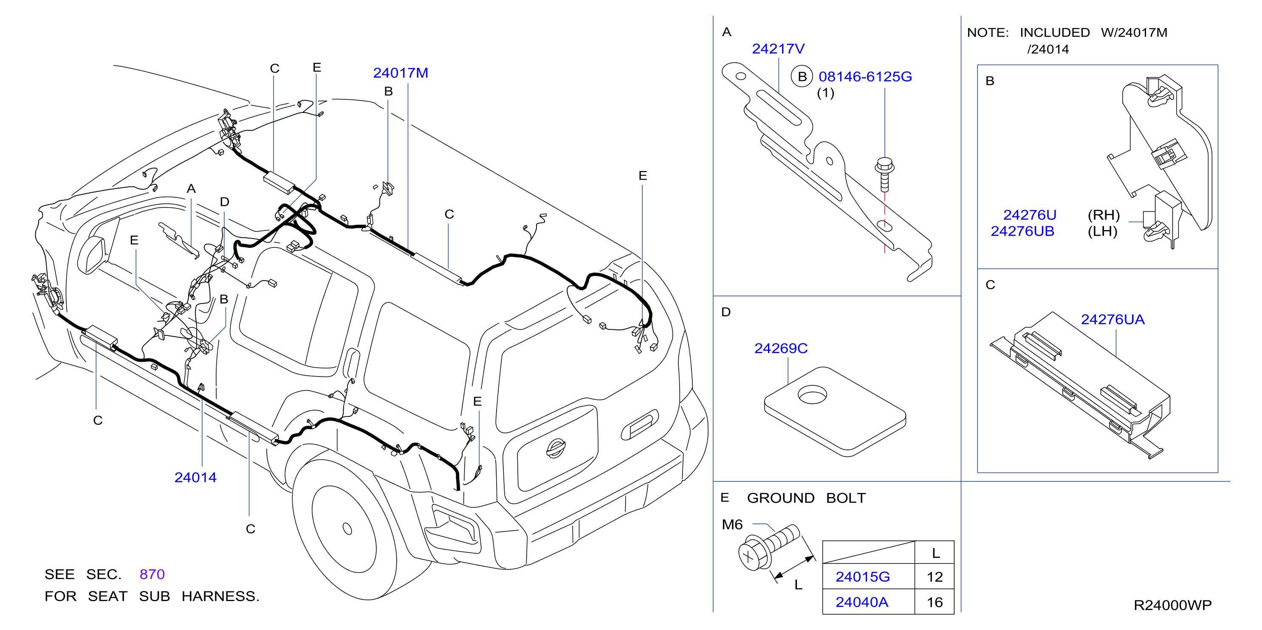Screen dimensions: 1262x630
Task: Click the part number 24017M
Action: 400,73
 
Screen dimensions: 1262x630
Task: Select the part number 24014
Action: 195,477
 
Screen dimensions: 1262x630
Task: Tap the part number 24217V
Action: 778,49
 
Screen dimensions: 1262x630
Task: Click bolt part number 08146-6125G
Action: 865,77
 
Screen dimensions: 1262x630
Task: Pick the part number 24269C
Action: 781,349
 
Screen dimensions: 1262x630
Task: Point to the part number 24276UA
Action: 1112,320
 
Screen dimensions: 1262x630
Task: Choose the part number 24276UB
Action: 1022,231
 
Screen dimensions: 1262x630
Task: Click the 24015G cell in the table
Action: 863,577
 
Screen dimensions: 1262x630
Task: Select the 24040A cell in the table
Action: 862,602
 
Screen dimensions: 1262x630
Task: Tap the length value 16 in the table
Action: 935,602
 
